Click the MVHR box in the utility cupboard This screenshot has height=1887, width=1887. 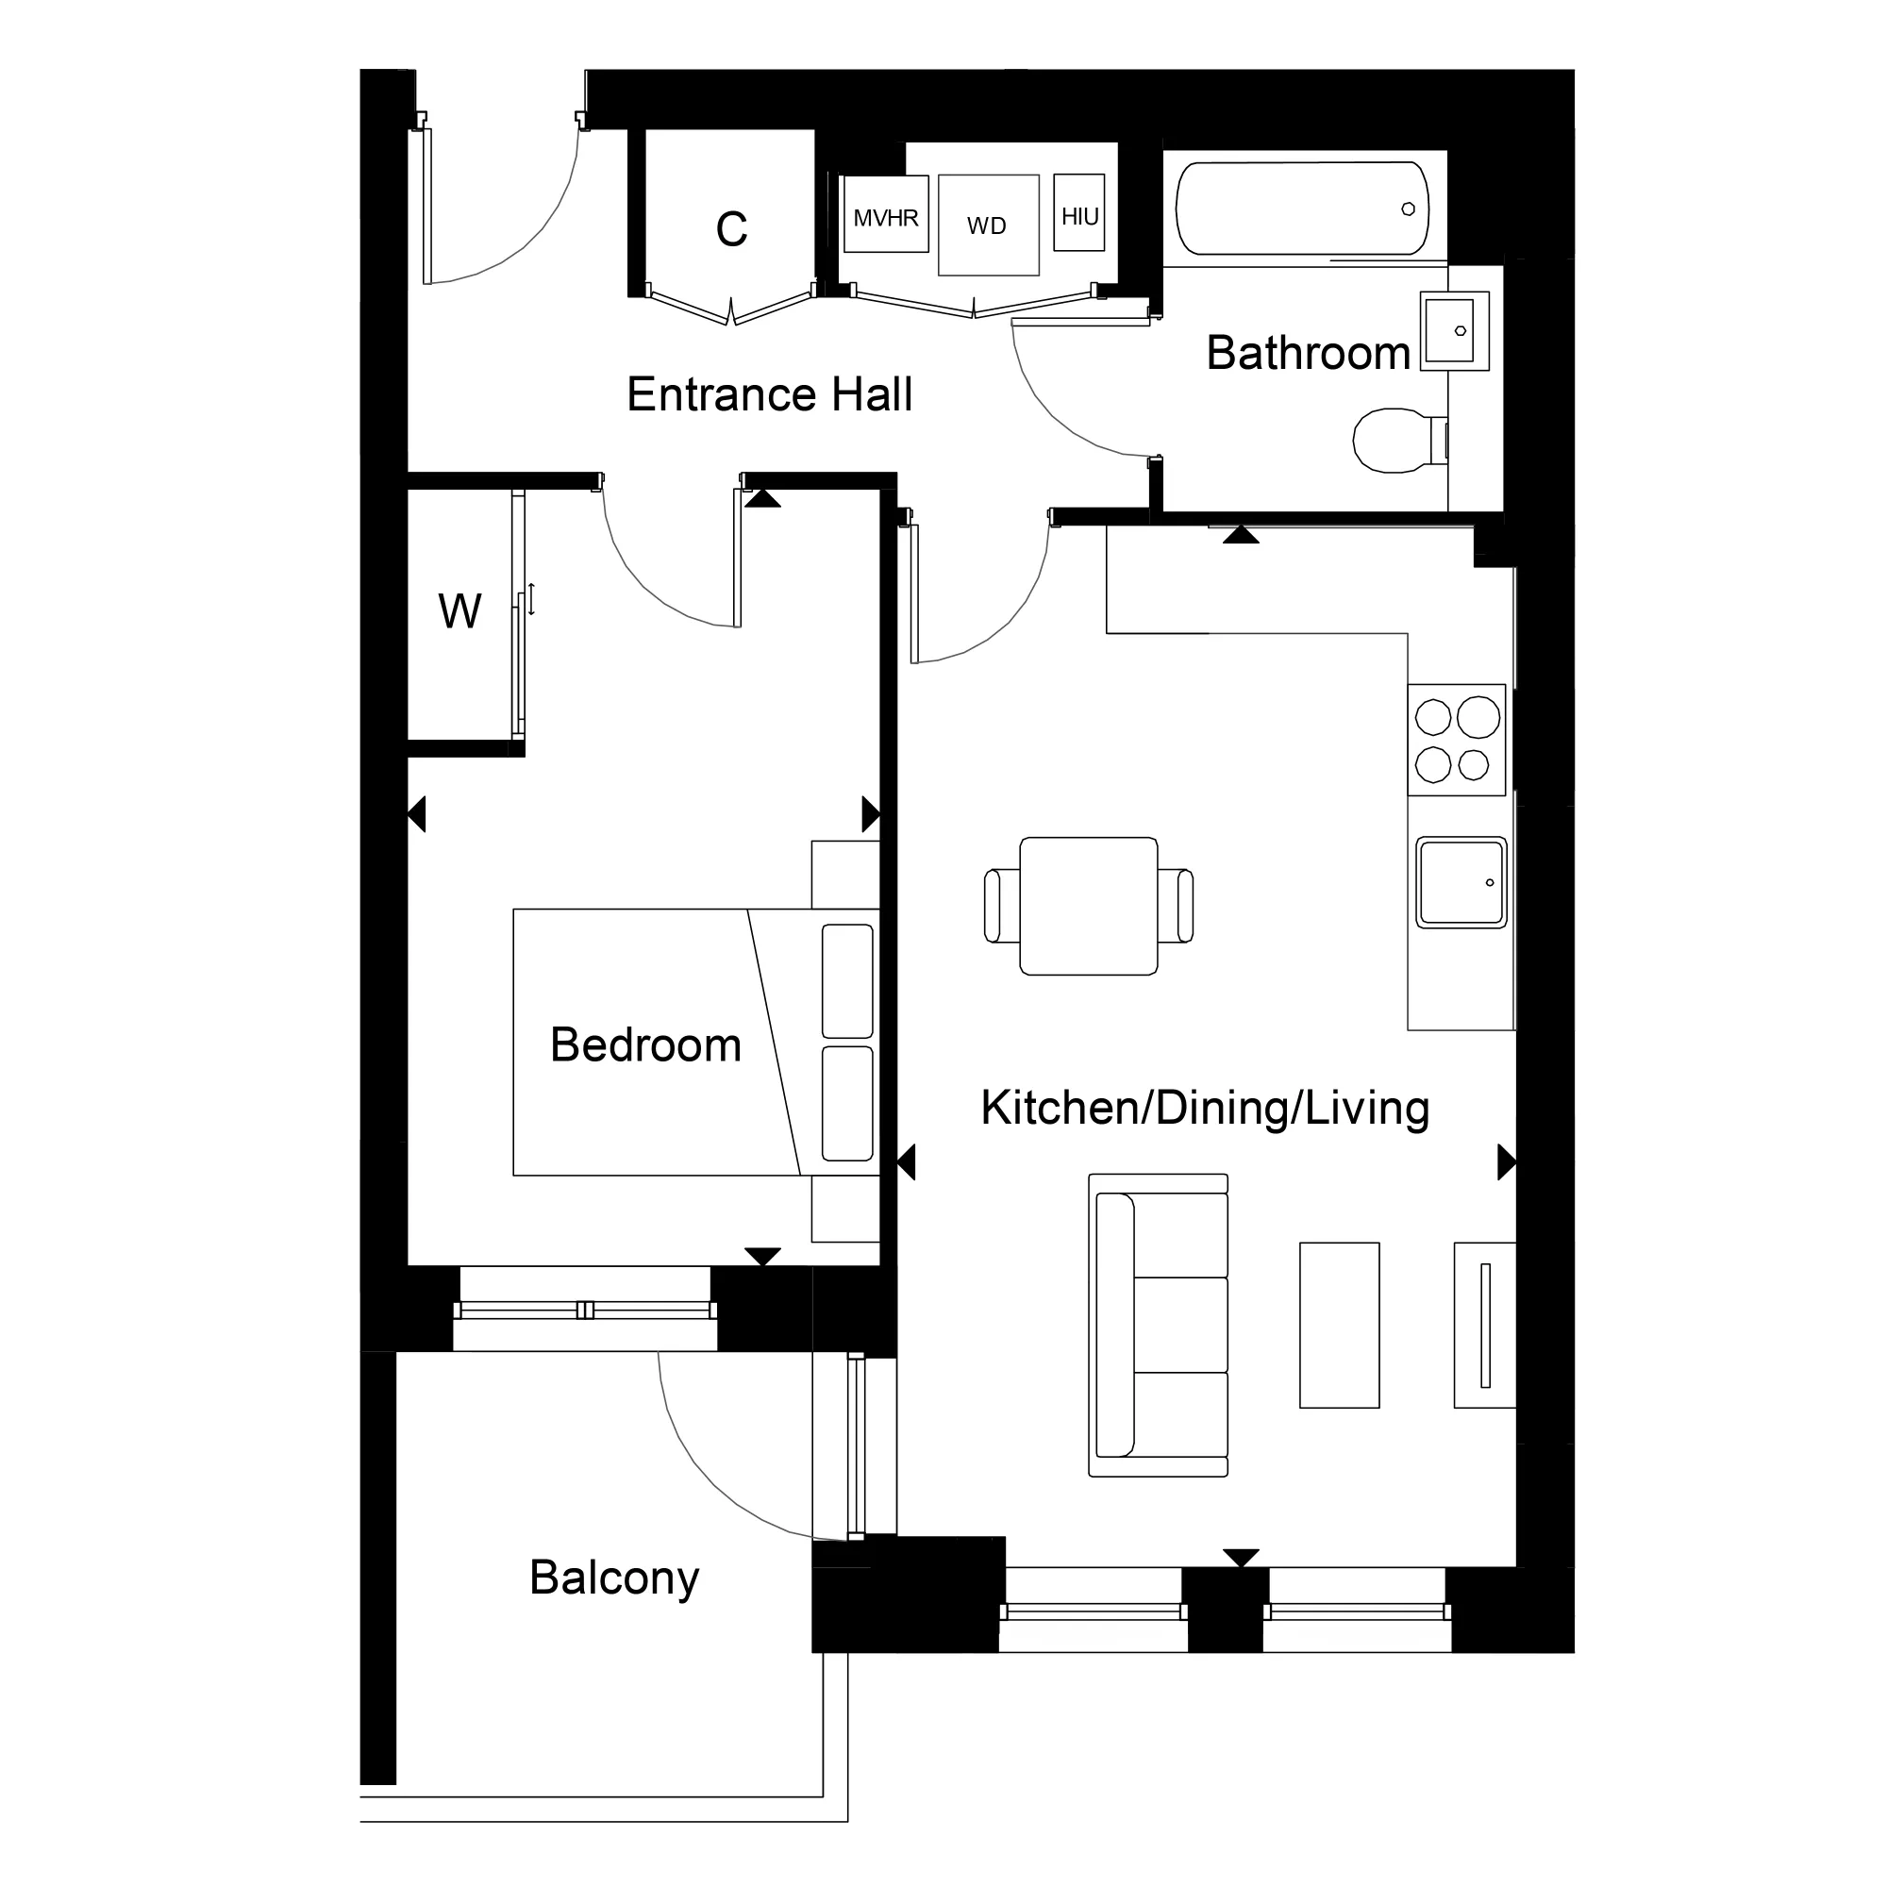[885, 215]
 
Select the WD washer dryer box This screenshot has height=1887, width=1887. [988, 225]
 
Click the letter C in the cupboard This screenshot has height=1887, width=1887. [730, 229]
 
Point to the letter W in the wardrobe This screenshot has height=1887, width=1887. [459, 612]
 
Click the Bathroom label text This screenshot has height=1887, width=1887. [1308, 353]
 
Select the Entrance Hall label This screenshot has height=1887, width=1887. [769, 394]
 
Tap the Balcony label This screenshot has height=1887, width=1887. [614, 1578]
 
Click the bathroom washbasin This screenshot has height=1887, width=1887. [1454, 330]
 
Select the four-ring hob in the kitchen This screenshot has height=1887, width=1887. [1455, 741]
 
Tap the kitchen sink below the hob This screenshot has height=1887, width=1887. [1461, 882]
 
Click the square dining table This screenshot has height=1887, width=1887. [1088, 906]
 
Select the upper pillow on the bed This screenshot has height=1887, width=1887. [847, 980]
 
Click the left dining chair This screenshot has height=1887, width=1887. [1001, 906]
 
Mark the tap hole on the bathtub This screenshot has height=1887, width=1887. [1408, 209]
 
